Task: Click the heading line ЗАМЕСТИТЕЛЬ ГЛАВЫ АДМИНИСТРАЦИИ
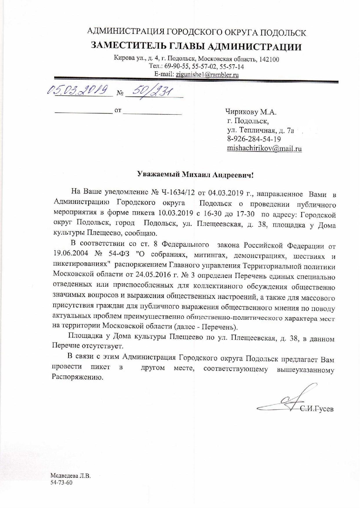pyautogui.click(x=196, y=46)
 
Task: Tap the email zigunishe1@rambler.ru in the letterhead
pyautogui.click(x=207, y=74)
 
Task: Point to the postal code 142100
pyautogui.click(x=269, y=59)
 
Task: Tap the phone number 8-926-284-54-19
pyautogui.click(x=254, y=139)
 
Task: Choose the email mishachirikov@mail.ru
pyautogui.click(x=264, y=149)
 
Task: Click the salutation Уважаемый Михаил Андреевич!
pyautogui.click(x=195, y=175)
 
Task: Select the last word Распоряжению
pyautogui.click(x=77, y=378)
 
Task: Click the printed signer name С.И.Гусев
pyautogui.click(x=317, y=409)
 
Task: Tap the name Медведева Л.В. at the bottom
pyautogui.click(x=71, y=476)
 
